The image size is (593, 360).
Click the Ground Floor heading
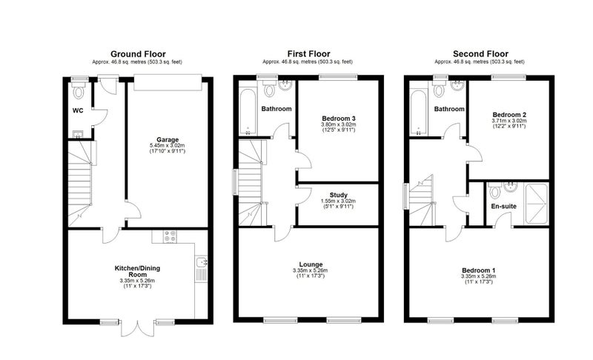pyautogui.click(x=138, y=54)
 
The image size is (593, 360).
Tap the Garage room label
pyautogui.click(x=168, y=140)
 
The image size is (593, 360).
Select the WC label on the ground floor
pyautogui.click(x=78, y=110)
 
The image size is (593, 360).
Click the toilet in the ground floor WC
pyautogui.click(x=79, y=91)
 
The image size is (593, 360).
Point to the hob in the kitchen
pyautogui.click(x=170, y=236)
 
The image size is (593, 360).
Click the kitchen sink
pyautogui.click(x=201, y=261)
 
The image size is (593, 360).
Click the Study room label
pyautogui.click(x=339, y=196)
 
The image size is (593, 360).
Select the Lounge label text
pyautogui.click(x=311, y=264)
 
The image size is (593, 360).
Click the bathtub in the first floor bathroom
pyautogui.click(x=248, y=112)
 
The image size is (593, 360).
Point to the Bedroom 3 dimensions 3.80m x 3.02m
pyautogui.click(x=339, y=124)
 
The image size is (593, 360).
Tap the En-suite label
pyautogui.click(x=504, y=206)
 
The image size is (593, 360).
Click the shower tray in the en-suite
pyautogui.click(x=536, y=204)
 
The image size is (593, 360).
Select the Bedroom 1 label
pyautogui.click(x=478, y=270)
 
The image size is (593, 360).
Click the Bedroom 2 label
pyautogui.click(x=509, y=115)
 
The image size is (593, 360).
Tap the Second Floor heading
pyautogui.click(x=480, y=54)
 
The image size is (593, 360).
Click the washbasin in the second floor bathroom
pyautogui.click(x=458, y=86)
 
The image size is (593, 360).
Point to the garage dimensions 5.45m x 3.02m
pyautogui.click(x=168, y=145)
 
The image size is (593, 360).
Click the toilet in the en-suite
pyautogui.click(x=494, y=191)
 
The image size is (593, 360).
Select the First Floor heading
pyautogui.click(x=308, y=54)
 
